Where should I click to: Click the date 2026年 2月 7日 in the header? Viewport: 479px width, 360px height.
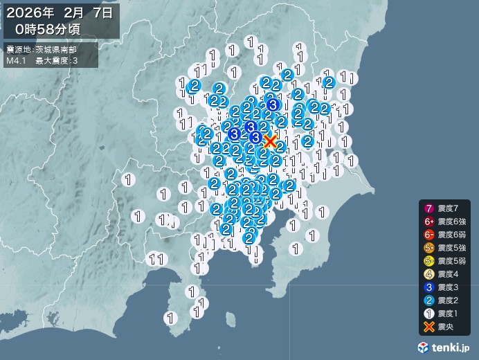(x=61, y=12)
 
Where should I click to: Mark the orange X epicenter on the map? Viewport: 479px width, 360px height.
(x=270, y=143)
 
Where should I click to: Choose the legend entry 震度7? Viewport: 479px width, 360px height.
(x=443, y=208)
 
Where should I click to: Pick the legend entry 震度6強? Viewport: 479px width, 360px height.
(x=443, y=222)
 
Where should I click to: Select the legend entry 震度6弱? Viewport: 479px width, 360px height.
(x=443, y=235)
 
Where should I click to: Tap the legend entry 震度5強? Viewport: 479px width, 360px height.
(x=443, y=248)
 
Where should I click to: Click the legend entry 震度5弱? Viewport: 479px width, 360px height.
(x=443, y=261)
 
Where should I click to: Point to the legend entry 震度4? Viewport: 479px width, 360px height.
(x=443, y=274)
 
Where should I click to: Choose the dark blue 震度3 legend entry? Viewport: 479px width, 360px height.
(x=443, y=287)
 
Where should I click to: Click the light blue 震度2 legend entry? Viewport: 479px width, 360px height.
(x=443, y=300)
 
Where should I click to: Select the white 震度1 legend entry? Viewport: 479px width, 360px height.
(x=443, y=314)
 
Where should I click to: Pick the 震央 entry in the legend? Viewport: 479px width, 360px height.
(x=443, y=327)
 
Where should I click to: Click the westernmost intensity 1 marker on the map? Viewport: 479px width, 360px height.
(x=128, y=180)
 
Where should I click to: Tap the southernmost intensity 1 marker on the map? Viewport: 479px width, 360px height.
(x=170, y=318)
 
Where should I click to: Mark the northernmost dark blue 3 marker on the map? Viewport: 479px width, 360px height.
(x=273, y=105)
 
